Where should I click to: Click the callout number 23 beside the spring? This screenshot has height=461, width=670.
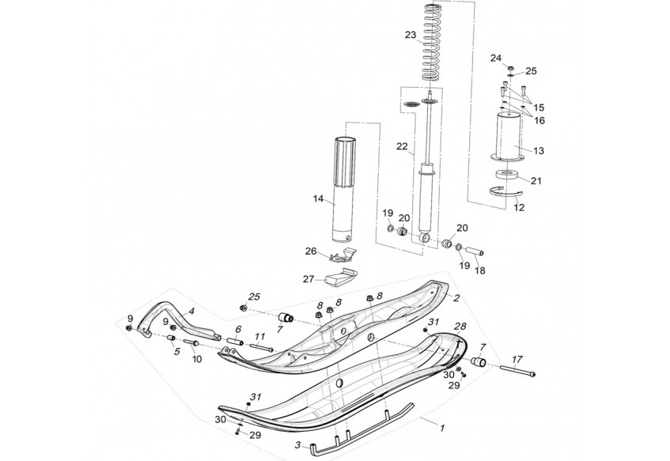[411, 35]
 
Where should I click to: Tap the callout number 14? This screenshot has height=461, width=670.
[318, 198]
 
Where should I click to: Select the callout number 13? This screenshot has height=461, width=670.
[539, 150]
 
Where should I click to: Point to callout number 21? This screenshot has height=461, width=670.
[536, 181]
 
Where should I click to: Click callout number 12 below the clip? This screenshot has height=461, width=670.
[519, 208]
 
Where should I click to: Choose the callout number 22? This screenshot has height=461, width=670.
[402, 146]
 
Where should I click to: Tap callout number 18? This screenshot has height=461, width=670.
[480, 270]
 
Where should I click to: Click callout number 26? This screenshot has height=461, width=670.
[311, 251]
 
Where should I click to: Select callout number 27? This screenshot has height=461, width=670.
[309, 279]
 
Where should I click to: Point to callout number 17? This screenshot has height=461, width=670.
[517, 360]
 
